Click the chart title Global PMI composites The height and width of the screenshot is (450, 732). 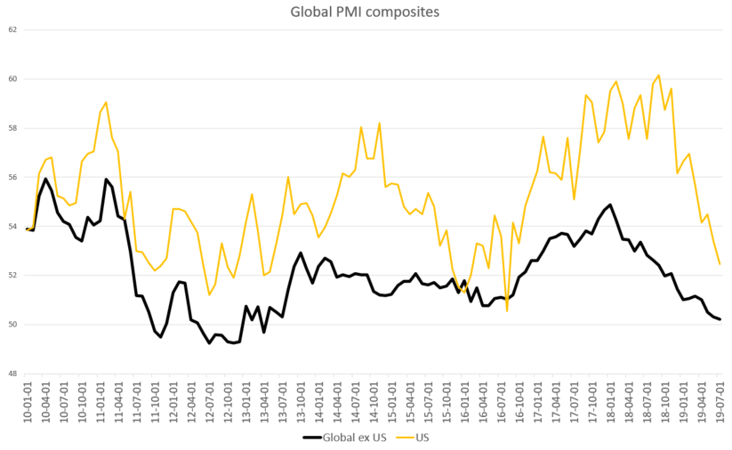click(366, 12)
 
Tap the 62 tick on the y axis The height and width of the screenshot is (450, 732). click(12, 29)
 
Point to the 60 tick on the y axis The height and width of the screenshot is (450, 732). click(12, 79)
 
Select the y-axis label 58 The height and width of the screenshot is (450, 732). click(12, 128)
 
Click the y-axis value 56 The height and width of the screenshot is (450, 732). click(12, 177)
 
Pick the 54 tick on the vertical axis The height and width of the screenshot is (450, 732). click(12, 226)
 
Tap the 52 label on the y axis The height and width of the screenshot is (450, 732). click(12, 275)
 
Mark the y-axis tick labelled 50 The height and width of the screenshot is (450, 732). click(12, 325)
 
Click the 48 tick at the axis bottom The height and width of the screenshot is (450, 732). click(12, 374)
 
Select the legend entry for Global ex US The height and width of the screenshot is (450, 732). click(344, 438)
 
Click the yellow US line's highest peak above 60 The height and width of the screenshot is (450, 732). click(658, 75)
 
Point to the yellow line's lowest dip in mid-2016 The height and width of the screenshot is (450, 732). click(507, 310)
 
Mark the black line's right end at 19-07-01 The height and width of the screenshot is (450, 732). click(720, 319)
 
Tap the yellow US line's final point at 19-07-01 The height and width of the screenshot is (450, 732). click(720, 264)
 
